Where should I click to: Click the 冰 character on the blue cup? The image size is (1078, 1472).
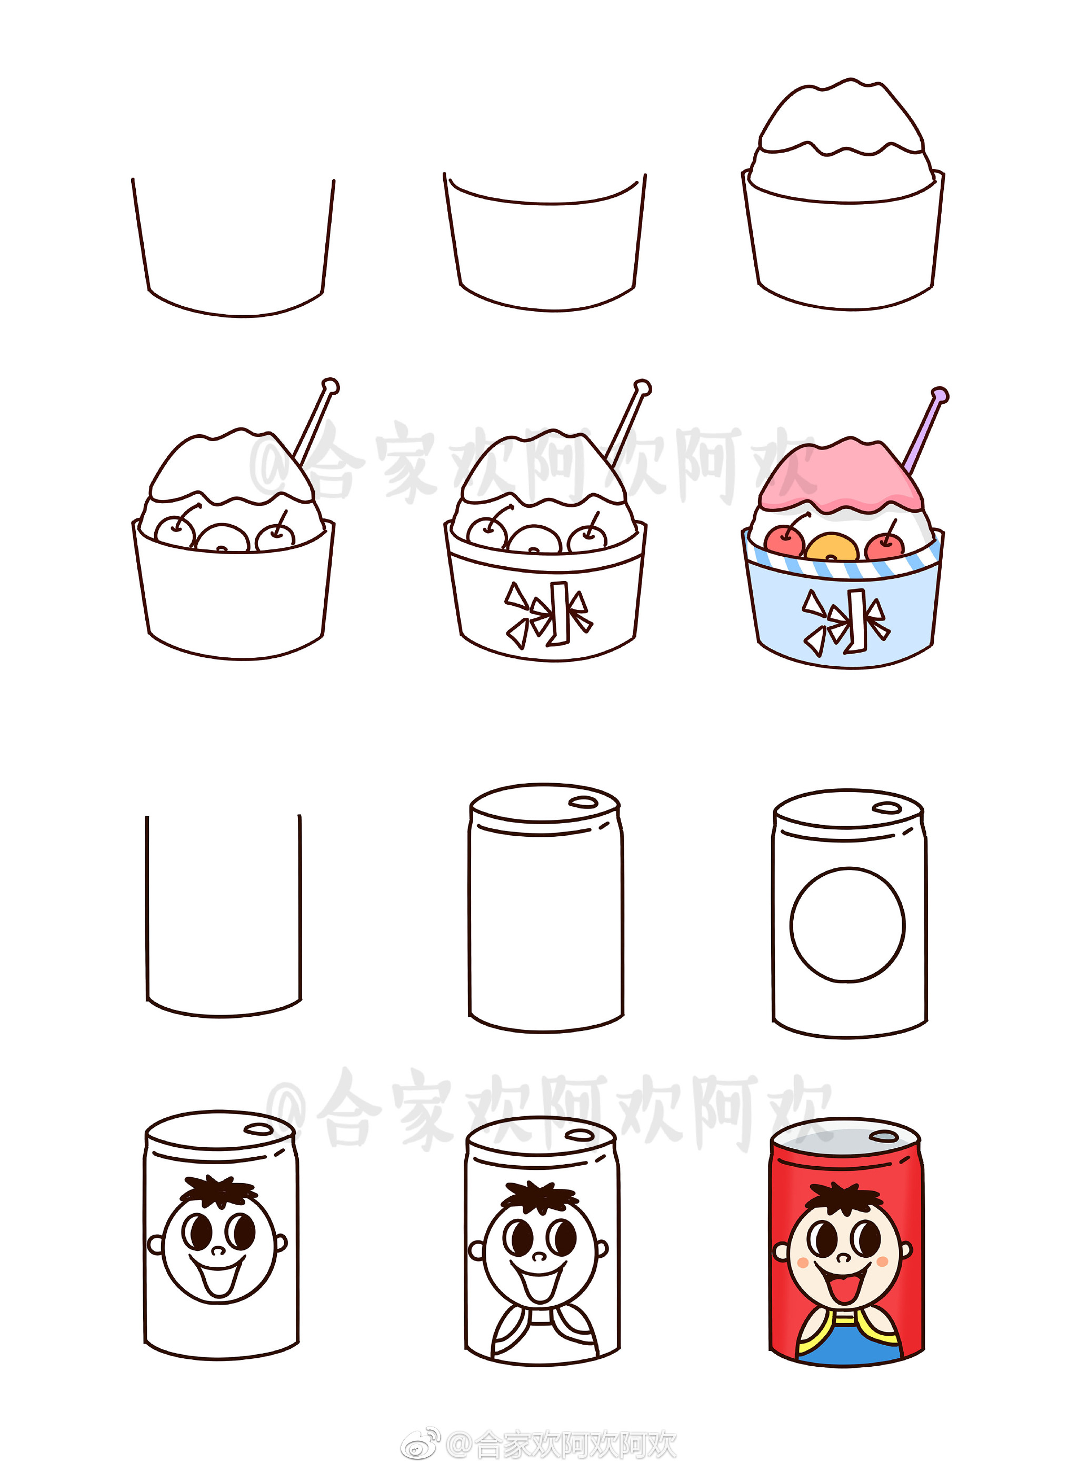(846, 622)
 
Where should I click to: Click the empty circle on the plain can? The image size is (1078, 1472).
(847, 925)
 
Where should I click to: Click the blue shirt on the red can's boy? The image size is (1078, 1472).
(849, 1341)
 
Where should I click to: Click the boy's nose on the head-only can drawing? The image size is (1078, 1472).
(218, 1250)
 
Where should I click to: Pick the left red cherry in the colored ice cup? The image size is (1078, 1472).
(784, 542)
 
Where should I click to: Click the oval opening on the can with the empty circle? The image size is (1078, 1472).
(887, 808)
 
